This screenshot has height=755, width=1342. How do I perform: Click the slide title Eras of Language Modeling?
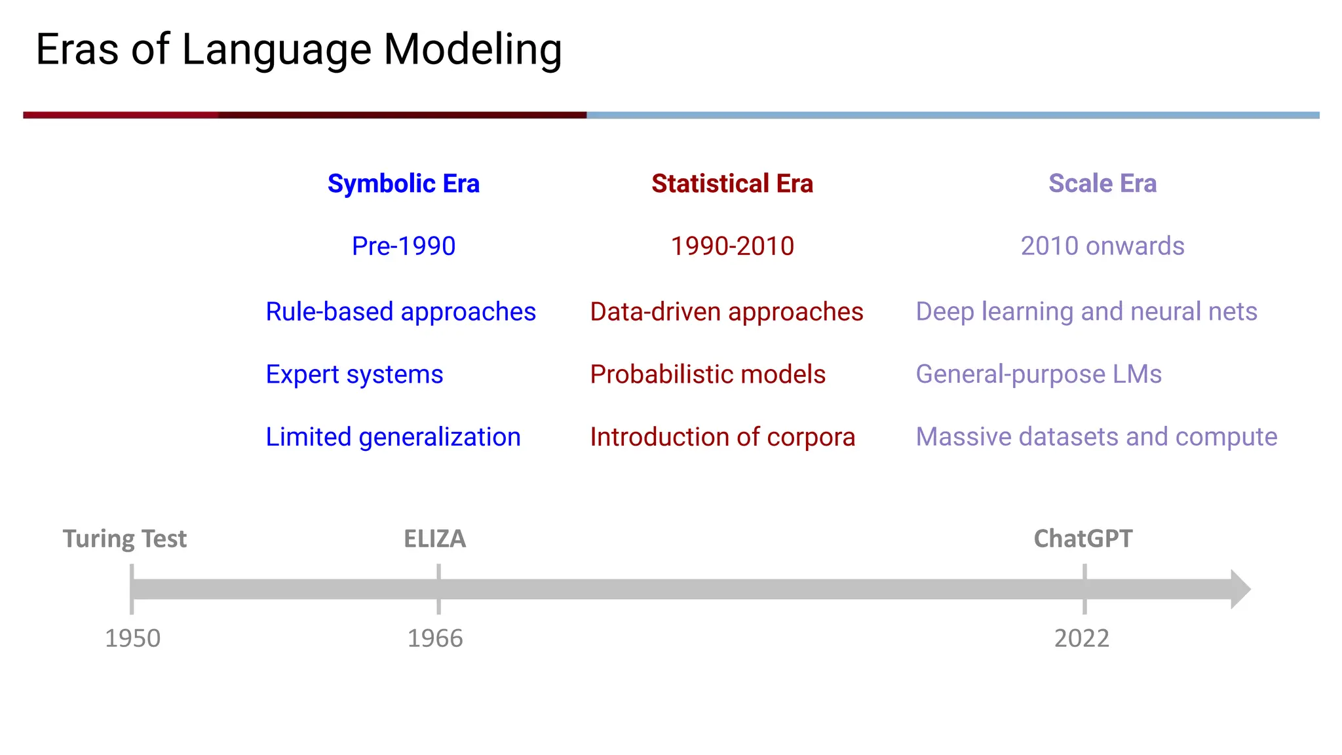click(x=299, y=50)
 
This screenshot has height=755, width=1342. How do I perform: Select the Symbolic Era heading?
click(x=404, y=184)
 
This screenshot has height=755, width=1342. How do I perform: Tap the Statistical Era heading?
click(x=732, y=184)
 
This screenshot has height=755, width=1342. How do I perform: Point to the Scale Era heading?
click(x=1102, y=184)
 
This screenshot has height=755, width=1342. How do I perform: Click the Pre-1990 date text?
click(x=404, y=246)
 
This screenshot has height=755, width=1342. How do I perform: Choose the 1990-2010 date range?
click(x=732, y=246)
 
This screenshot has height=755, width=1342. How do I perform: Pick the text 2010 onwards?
click(x=1102, y=246)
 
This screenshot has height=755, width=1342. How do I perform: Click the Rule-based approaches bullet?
click(x=400, y=312)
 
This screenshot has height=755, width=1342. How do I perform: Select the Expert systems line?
click(x=355, y=375)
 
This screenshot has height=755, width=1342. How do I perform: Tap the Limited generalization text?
click(x=393, y=437)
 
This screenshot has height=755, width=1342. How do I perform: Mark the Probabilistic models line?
click(x=708, y=375)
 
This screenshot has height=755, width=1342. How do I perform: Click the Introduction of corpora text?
click(x=722, y=437)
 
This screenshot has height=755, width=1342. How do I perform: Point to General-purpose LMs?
click(x=1039, y=375)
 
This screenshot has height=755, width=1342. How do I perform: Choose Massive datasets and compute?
click(x=1096, y=437)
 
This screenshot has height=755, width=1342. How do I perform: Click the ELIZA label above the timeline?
click(x=434, y=539)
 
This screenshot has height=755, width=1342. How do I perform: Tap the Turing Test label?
click(x=125, y=539)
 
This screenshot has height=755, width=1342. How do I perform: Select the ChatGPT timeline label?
click(x=1083, y=539)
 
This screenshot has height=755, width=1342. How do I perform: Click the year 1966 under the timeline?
click(x=435, y=638)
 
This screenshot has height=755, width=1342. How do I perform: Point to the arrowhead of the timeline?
click(x=1240, y=589)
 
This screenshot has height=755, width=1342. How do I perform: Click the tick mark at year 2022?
click(x=1084, y=589)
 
